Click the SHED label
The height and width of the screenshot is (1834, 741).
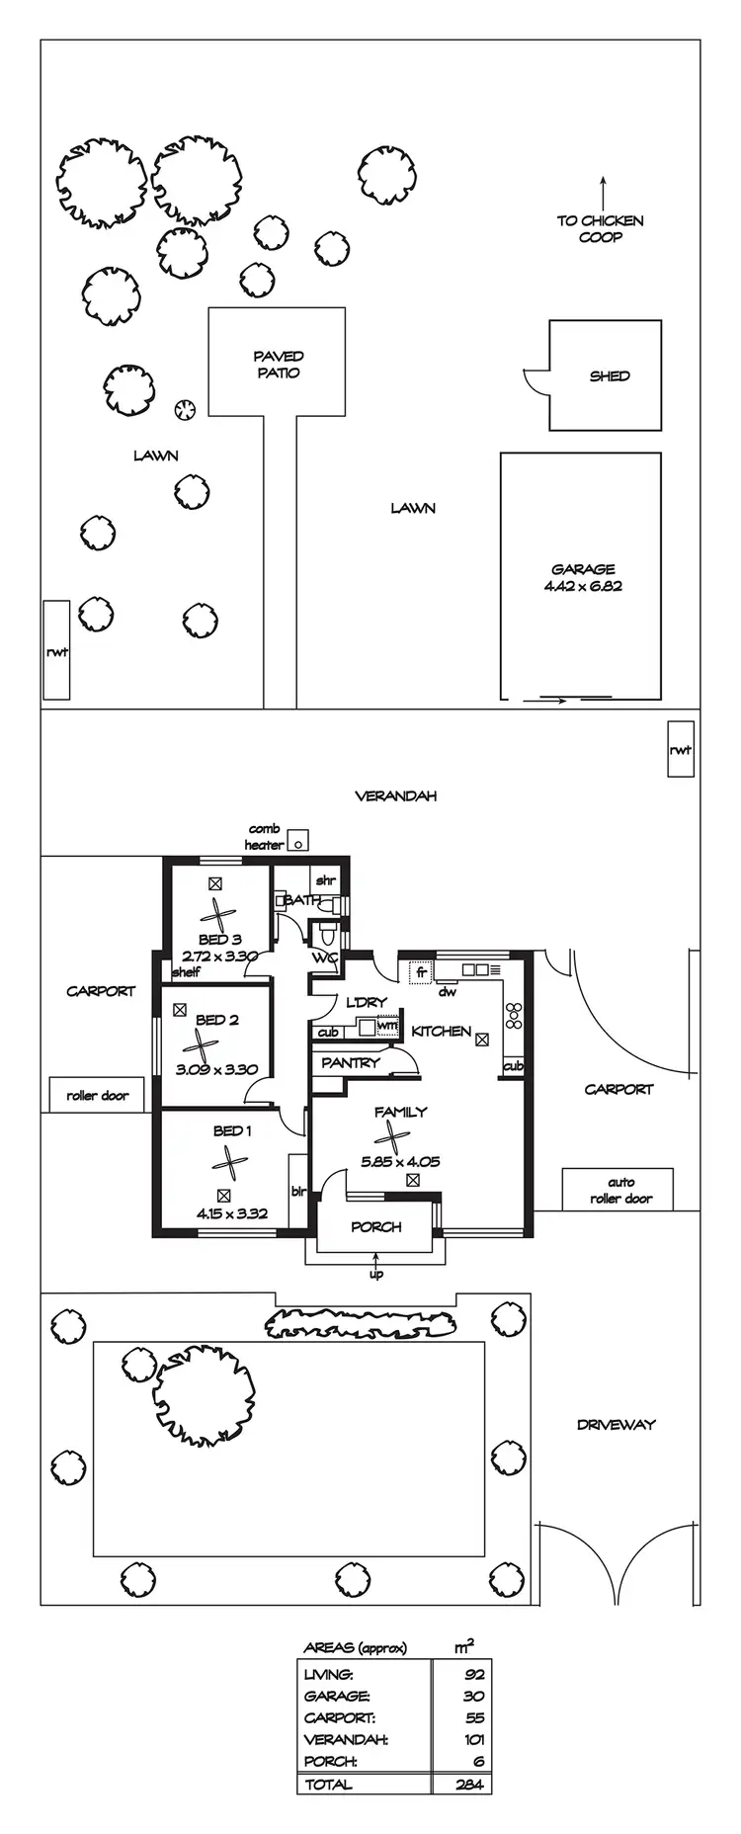point(609,375)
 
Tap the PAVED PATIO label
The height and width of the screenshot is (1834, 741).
point(278,364)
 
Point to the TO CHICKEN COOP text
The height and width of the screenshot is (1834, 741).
point(599,228)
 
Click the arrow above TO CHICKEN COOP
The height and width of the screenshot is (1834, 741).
point(603,191)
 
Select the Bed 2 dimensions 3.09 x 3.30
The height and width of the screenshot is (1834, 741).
point(216,1068)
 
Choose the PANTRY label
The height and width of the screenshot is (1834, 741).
point(351,1063)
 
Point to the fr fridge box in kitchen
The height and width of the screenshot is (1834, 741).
point(420,971)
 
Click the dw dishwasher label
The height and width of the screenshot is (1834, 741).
point(448,991)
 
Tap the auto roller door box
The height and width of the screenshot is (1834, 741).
point(620,1190)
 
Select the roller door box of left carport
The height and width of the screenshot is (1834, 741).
point(97,1095)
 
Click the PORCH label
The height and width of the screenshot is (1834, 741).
point(376,1227)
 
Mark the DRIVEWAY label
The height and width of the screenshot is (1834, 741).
point(617,1424)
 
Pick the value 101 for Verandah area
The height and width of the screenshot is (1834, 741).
point(472,1739)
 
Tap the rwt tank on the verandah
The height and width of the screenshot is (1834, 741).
point(680,750)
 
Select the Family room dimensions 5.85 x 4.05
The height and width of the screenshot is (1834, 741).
point(400,1162)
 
